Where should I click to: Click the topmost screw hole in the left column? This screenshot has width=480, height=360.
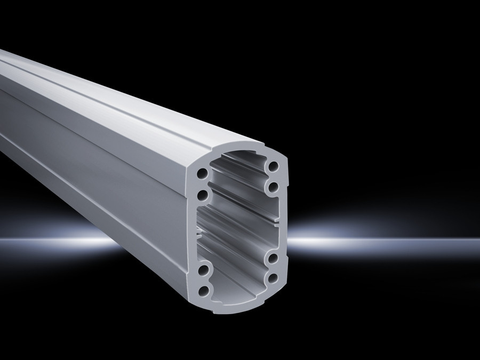coord(202,174)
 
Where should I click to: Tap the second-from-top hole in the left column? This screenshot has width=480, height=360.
coord(202,195)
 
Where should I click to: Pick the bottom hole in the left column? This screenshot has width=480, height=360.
coord(203,290)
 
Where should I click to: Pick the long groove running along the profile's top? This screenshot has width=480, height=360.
coord(107,91)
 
